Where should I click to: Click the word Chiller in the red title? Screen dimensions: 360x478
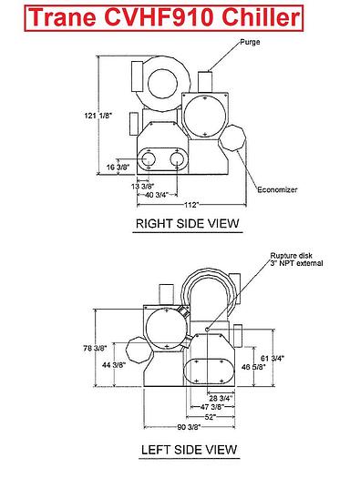[x=261, y=17]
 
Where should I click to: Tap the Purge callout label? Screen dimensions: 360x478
[x=250, y=42]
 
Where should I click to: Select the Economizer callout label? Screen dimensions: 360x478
[x=277, y=189]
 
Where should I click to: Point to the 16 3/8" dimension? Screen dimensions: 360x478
[x=118, y=167]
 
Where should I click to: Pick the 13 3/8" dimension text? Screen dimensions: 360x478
[x=143, y=186]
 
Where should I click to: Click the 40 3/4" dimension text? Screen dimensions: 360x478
[x=157, y=195]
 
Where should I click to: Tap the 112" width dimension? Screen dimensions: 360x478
[x=191, y=205]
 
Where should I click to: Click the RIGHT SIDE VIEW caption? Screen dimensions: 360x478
[x=188, y=223]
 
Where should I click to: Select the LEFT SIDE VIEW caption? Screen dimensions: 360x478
[x=190, y=450]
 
